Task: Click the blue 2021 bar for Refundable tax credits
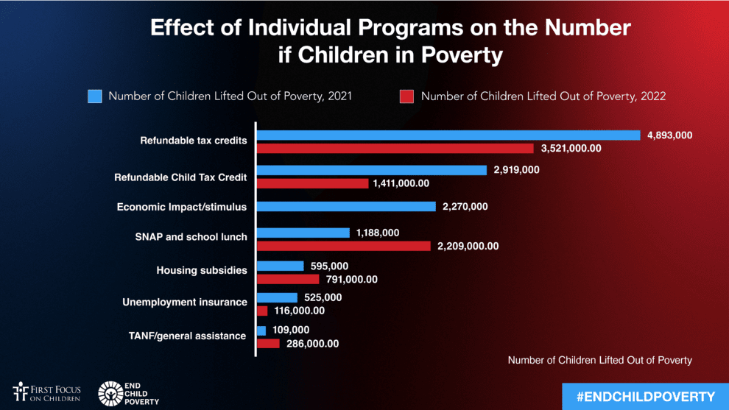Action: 448,135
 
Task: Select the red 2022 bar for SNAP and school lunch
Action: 343,246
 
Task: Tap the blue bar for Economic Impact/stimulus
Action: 346,207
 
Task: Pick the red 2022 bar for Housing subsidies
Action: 288,279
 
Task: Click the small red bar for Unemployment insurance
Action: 262,311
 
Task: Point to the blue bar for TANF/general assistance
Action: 261,331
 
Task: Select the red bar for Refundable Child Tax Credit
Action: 312,183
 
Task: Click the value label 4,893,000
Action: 670,135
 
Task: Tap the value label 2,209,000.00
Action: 468,247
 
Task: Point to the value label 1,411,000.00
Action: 401,183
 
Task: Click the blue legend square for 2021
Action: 94,96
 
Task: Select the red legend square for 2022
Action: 407,96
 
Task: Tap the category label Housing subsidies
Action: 201,271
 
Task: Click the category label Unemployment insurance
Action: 184,303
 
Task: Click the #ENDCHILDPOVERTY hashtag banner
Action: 645,397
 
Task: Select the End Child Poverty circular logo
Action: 110,393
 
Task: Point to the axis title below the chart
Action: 599,360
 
